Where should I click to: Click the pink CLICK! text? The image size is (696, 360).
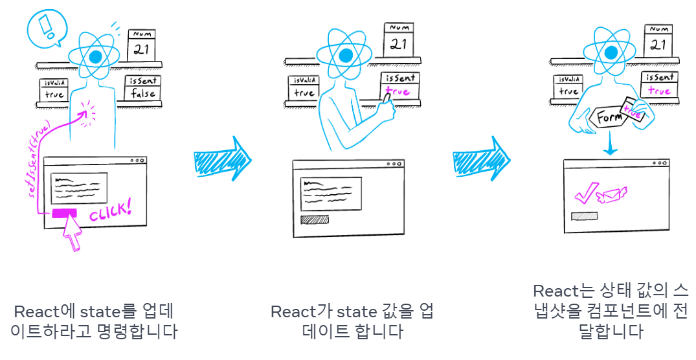click(x=109, y=210)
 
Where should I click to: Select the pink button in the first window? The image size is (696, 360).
click(x=64, y=212)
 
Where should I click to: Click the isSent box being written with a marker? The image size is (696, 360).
click(x=399, y=85)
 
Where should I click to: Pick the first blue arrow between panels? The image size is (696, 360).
click(x=221, y=157)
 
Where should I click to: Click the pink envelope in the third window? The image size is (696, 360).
click(x=611, y=194)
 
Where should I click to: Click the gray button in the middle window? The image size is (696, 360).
click(x=315, y=219)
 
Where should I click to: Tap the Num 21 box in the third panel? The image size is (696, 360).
click(x=657, y=41)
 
